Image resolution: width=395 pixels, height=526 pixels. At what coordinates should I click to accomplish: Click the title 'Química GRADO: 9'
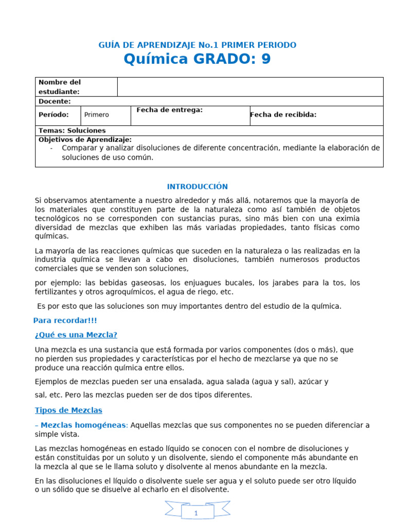(197, 60)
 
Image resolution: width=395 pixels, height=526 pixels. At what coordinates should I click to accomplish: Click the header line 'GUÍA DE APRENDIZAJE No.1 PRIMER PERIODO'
(197, 45)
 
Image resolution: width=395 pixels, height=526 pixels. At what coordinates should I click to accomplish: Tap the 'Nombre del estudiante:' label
(60, 87)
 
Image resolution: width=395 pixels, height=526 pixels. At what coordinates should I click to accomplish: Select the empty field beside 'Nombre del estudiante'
(250, 87)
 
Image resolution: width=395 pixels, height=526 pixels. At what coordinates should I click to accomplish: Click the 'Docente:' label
(55, 101)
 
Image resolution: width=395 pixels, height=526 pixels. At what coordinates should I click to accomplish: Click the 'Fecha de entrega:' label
(169, 110)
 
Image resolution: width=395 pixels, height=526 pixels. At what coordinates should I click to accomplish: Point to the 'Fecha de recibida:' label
(283, 115)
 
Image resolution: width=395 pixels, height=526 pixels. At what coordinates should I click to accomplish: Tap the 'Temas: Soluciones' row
(72, 130)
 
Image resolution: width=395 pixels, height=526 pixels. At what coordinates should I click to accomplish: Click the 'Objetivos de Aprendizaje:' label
(85, 139)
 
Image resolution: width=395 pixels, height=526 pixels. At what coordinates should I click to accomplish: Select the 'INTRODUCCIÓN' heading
(197, 186)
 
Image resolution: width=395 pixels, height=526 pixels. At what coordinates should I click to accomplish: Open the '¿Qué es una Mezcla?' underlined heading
(76, 335)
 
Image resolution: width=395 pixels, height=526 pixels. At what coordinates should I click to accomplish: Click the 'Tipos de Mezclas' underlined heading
(68, 410)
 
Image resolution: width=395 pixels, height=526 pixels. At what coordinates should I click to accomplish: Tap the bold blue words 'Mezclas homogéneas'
(83, 425)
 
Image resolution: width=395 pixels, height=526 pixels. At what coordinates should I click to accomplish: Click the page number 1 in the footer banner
(196, 513)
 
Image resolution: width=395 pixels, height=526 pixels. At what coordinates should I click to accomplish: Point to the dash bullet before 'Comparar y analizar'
(52, 148)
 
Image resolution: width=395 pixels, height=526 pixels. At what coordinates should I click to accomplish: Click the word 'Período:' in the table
(53, 115)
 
